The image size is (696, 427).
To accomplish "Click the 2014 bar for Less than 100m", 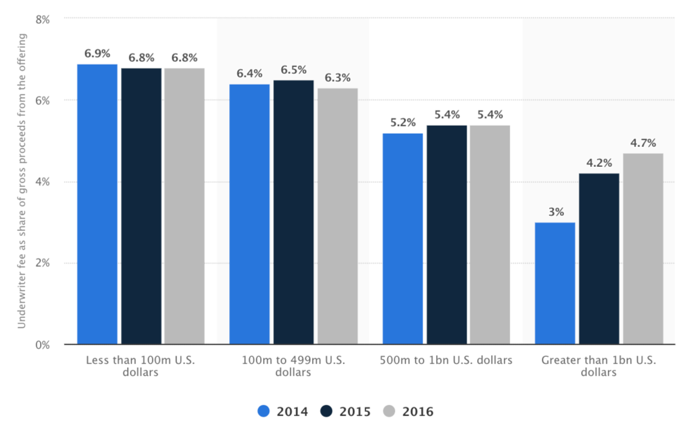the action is pyautogui.click(x=97, y=204).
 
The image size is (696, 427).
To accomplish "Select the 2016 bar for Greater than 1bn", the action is pyautogui.click(x=643, y=249).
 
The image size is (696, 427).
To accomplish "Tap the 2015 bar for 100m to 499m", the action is pyautogui.click(x=293, y=212).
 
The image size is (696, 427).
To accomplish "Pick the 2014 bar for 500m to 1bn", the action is pyautogui.click(x=403, y=239).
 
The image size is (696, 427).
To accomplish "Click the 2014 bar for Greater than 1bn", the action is pyautogui.click(x=555, y=283).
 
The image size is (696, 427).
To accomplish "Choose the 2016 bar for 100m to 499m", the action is pyautogui.click(x=337, y=216).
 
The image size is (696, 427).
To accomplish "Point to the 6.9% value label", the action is pyautogui.click(x=97, y=54).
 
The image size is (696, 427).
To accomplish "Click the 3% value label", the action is pyautogui.click(x=556, y=212).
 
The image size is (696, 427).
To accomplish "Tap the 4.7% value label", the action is pyautogui.click(x=643, y=143).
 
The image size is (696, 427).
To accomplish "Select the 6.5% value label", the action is pyautogui.click(x=293, y=70).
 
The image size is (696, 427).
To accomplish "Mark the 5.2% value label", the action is pyautogui.click(x=403, y=123).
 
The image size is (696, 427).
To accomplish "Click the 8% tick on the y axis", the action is pyautogui.click(x=42, y=19).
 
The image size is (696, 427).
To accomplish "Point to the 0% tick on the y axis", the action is pyautogui.click(x=42, y=345).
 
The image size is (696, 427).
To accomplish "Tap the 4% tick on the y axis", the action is pyautogui.click(x=42, y=182).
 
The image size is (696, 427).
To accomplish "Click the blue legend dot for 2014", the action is pyautogui.click(x=264, y=411).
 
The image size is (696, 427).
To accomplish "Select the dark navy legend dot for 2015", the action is pyautogui.click(x=327, y=411).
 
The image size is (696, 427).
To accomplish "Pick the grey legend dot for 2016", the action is pyautogui.click(x=389, y=411).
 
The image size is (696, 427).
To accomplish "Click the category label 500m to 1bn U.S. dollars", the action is pyautogui.click(x=446, y=360).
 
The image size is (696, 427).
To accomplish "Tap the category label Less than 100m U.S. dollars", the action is pyautogui.click(x=140, y=366).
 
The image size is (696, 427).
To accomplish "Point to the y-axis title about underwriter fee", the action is pyautogui.click(x=21, y=181).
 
